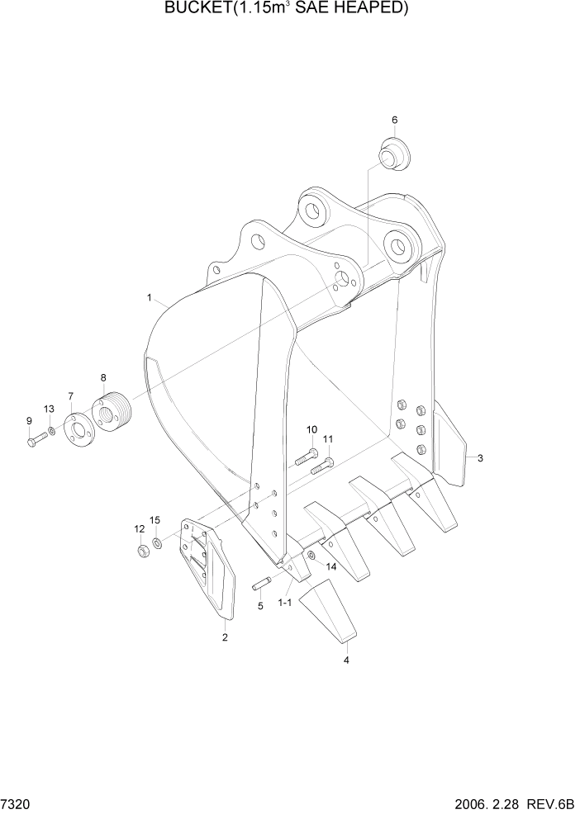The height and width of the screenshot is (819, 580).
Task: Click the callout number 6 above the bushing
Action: click(x=394, y=120)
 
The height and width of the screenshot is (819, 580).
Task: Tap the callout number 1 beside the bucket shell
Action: click(x=150, y=296)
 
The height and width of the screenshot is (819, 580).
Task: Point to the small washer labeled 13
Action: click(x=51, y=431)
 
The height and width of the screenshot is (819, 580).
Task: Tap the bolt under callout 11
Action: click(x=321, y=466)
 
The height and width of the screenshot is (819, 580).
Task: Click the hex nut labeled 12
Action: click(x=141, y=550)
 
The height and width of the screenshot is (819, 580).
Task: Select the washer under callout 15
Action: click(x=157, y=544)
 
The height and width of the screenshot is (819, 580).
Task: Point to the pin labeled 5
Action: click(x=261, y=585)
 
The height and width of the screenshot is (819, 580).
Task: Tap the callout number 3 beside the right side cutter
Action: click(x=480, y=458)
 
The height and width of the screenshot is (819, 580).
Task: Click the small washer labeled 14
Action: click(x=311, y=556)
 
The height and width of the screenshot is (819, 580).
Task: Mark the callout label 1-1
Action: click(x=284, y=604)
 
